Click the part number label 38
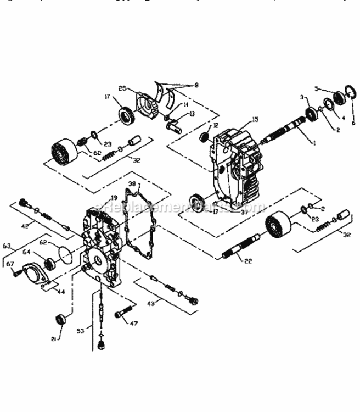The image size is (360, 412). click(132, 184)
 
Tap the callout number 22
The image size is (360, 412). click(248, 261)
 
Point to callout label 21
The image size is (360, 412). click(54, 339)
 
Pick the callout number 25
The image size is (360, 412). click(122, 88)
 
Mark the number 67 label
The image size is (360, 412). click(10, 263)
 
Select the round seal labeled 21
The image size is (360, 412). click(61, 319)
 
